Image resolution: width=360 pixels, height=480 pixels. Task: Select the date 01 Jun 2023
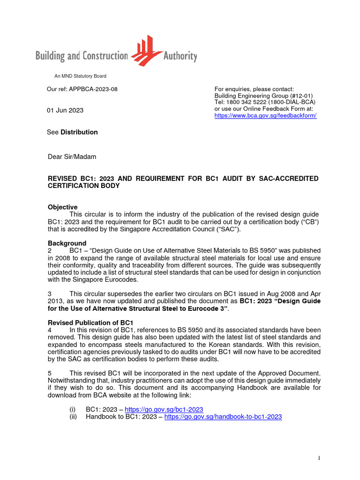pos(65,110)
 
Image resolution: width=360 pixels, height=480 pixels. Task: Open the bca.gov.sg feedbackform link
pos(265,115)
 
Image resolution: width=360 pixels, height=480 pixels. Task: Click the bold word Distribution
pos(79,132)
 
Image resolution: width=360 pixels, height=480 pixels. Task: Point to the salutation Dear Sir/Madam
pos(72,157)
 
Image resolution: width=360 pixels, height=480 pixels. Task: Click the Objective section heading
pos(63,207)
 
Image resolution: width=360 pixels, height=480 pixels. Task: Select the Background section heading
pos(67,243)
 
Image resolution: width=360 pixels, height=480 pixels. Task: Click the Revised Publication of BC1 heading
pos(90,322)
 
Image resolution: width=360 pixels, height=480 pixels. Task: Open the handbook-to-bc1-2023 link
pos(223,416)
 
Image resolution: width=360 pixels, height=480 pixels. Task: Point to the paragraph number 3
pos(50,293)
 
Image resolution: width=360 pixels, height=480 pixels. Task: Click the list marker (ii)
pos(73,416)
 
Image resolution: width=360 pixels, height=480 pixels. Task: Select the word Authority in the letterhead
pos(180,57)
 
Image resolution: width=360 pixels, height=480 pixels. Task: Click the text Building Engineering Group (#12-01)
pos(263,96)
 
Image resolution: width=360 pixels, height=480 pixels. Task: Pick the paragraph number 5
pos(50,373)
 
